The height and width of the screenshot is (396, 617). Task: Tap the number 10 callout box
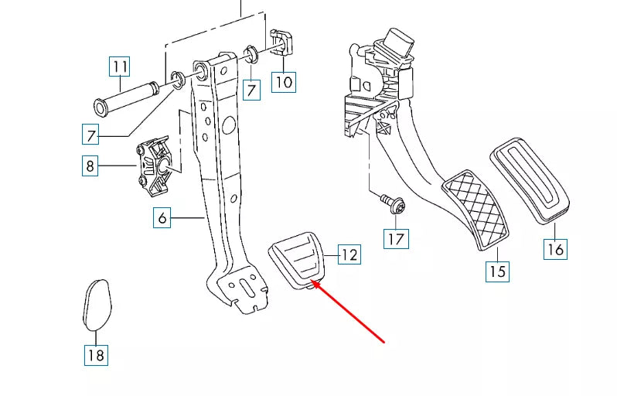285,80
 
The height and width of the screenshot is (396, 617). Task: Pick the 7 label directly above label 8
92,135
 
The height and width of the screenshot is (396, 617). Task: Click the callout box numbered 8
90,166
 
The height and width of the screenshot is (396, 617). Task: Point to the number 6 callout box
162,218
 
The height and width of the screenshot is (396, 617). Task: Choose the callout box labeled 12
349,254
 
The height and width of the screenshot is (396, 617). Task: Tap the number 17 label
396,238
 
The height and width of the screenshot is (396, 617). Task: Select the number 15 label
497,271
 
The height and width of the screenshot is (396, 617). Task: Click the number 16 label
556,248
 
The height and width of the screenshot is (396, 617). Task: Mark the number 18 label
95,355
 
